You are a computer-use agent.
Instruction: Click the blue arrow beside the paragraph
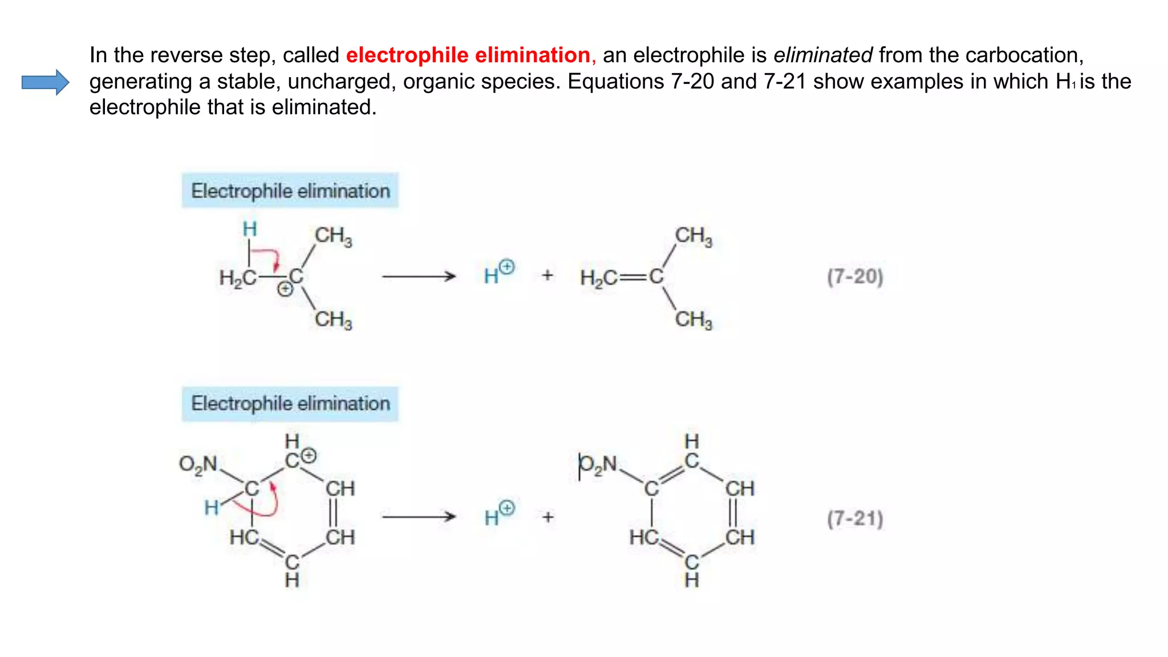click(45, 82)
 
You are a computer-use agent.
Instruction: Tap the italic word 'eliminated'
click(822, 55)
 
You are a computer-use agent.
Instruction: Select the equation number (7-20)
click(855, 277)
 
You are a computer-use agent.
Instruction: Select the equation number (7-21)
click(855, 519)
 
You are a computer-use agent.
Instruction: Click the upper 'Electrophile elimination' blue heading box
click(290, 191)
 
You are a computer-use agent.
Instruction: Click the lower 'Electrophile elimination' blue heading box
click(290, 404)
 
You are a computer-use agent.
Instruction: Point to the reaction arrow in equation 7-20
click(419, 277)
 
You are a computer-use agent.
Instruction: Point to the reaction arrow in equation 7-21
click(419, 517)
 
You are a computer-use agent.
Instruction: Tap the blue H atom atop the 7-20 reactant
click(250, 229)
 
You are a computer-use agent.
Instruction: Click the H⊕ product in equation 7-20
click(498, 273)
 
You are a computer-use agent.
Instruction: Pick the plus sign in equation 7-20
click(547, 275)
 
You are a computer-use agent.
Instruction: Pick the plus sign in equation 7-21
click(548, 517)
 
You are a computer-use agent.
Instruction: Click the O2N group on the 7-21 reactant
click(198, 464)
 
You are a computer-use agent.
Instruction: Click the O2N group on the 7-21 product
click(598, 464)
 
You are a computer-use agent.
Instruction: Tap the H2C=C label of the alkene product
click(622, 278)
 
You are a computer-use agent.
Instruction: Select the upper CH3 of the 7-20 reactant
click(334, 236)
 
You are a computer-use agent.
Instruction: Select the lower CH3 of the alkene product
click(693, 320)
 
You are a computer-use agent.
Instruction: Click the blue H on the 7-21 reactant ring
click(212, 507)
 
